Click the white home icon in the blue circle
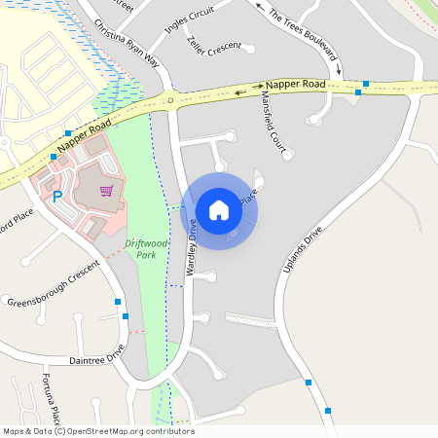click(x=219, y=209)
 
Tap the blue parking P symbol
click(x=57, y=196)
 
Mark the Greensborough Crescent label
click(x=54, y=284)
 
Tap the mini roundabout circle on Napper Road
click(x=170, y=98)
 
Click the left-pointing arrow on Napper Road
click(x=240, y=92)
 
